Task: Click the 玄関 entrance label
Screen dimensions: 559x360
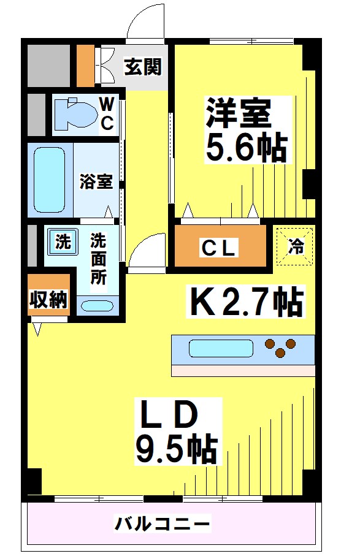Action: pos(143,67)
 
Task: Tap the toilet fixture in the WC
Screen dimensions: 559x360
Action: pos(75,114)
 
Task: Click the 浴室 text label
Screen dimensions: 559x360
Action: pos(96,182)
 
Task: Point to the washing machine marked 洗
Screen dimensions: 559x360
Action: pos(63,241)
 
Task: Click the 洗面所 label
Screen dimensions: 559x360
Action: pos(98,258)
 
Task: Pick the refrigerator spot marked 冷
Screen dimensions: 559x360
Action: pos(296,246)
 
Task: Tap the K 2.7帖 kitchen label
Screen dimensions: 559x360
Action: pos(246,300)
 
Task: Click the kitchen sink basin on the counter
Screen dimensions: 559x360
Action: pos(220,349)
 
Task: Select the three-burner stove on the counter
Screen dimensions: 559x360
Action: pos(280,347)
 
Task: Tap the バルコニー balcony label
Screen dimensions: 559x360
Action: pos(163,525)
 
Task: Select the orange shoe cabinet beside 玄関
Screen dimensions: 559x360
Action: pos(85,66)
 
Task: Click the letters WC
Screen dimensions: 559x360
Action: pos(107,113)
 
